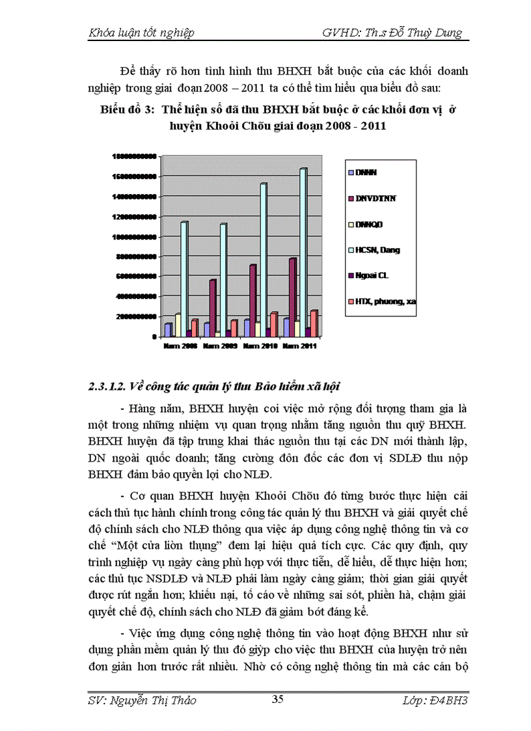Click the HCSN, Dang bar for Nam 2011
303,254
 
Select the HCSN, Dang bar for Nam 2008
185,280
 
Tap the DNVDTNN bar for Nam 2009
212,309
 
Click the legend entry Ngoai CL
371,275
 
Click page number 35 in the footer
277,700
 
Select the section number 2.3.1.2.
107,387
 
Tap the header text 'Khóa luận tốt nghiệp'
141,33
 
